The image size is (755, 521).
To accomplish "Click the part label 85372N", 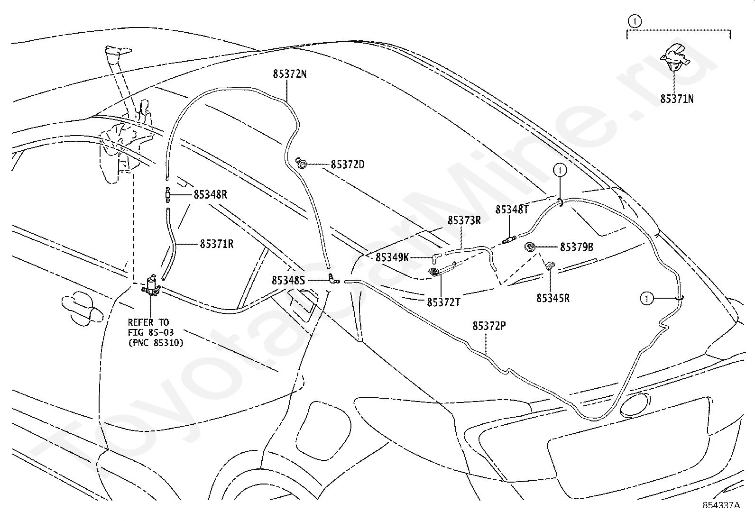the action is coord(290,74).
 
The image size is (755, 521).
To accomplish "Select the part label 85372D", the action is coord(348,165).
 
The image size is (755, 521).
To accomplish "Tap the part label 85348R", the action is coord(210,194).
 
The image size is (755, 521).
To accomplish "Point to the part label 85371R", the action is coord(217,244).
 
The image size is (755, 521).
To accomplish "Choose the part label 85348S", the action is coord(288,280).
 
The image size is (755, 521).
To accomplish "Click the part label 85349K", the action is coord(392,257).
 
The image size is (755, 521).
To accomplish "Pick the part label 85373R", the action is coord(464,220).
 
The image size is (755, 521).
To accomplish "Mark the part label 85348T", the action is coord(512,209).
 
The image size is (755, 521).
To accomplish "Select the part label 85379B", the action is coord(577,247).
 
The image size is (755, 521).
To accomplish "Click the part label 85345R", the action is coord(553,298).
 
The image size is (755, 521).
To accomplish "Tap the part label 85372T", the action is coord(443,302).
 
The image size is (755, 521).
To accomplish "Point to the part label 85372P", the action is coord(489,326).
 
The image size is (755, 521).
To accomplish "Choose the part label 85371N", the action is coord(677,99).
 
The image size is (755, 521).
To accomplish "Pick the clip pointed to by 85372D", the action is coord(301,164).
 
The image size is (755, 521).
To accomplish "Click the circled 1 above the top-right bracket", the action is coord(635,21).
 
